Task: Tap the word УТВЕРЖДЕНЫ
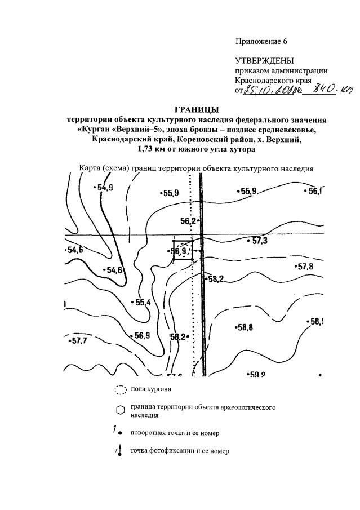coord(264,60)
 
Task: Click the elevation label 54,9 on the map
coord(105,188)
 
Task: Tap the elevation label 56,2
coord(188,221)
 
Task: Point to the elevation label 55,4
coord(141,303)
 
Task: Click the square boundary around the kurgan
coord(183,250)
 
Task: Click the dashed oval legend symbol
coord(119,389)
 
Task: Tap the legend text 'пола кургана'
coord(150,389)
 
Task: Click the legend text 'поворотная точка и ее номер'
coord(174,433)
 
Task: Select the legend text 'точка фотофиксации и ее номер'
coord(179,451)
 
